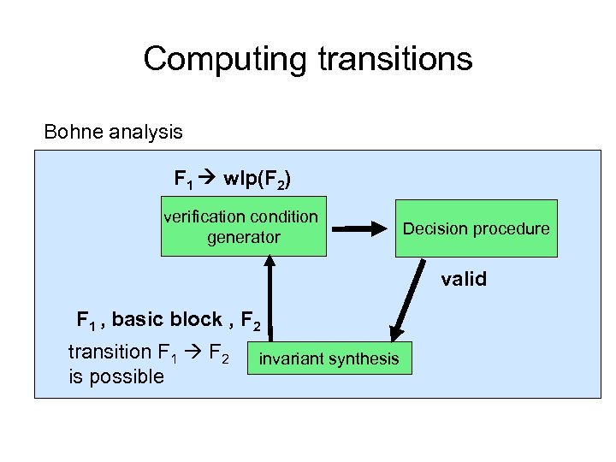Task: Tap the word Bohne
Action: click(73, 132)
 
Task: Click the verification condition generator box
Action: click(244, 228)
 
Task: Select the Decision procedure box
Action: click(476, 228)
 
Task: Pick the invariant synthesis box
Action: click(329, 358)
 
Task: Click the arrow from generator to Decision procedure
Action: click(359, 228)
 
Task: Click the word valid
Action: click(463, 279)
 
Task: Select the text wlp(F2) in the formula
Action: click(256, 180)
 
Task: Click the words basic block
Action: click(167, 320)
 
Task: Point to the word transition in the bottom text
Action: click(109, 352)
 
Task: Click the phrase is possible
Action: click(115, 376)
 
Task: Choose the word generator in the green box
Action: click(244, 237)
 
